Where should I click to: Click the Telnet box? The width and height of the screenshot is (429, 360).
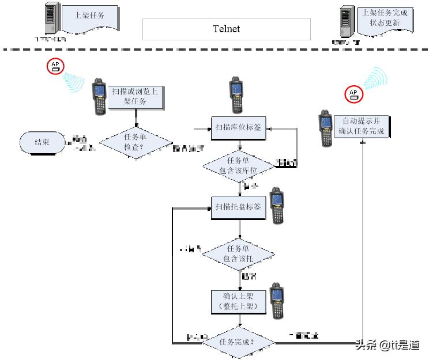(x=226, y=29)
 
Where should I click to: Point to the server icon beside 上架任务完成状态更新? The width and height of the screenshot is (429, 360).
(x=347, y=22)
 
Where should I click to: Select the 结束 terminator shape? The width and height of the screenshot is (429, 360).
(x=42, y=142)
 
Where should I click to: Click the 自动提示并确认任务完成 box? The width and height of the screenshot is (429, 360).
(x=362, y=127)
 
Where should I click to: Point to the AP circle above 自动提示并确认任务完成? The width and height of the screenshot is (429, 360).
(x=353, y=94)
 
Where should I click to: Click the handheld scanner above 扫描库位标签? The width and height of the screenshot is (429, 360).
(x=236, y=94)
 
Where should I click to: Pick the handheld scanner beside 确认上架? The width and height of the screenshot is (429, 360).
(x=278, y=301)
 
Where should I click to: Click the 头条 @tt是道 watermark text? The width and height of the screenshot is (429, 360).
(x=387, y=345)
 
